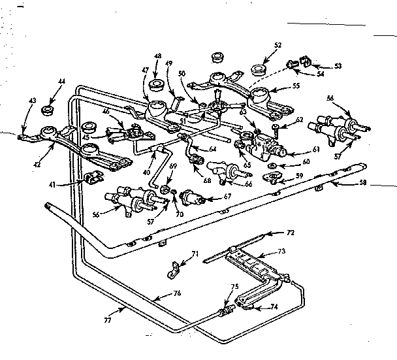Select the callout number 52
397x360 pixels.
coord(278,45)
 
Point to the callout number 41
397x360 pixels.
coord(61,186)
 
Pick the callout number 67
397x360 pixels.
coord(227,197)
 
